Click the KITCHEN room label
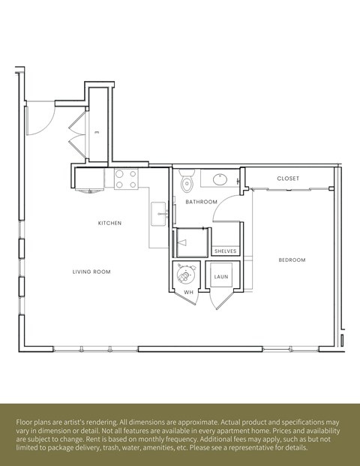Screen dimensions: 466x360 coord(109,223)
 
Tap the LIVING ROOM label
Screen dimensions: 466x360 coord(91,272)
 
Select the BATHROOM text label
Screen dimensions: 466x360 coord(202,202)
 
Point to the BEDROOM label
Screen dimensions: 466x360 coord(292,260)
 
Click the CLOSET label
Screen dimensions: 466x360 coord(288,179)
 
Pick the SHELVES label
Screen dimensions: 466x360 coord(226,251)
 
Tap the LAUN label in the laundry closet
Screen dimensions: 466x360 coord(220,277)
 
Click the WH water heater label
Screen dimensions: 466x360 coord(188,291)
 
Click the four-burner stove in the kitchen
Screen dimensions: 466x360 coord(127,179)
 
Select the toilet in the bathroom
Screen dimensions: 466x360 coord(187,182)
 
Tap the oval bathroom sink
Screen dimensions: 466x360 coord(220,180)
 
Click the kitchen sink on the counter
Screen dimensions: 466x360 coord(158,214)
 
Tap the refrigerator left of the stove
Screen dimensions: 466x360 coord(91,179)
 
